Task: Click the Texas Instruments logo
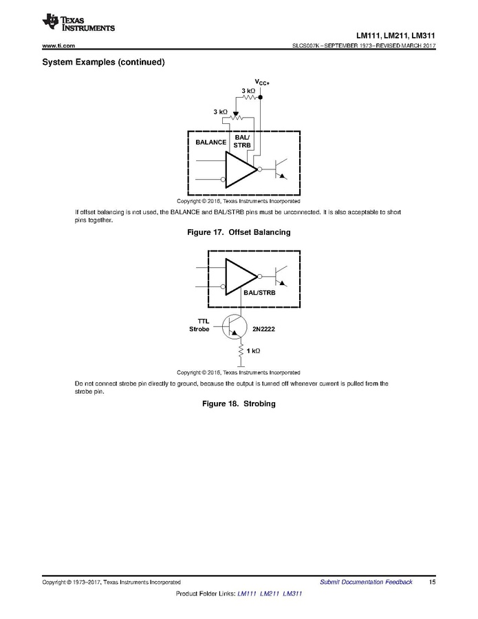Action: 78,23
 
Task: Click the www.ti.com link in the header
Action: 58,46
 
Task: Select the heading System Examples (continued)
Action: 103,62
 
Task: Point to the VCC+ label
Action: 262,82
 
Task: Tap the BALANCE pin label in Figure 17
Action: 211,142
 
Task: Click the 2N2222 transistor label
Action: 263,329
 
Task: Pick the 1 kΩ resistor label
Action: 253,350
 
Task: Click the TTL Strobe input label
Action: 199,325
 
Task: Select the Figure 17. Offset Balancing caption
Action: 239,232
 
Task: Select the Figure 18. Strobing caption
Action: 239,403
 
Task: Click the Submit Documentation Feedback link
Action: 366,582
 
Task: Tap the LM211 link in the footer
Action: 270,594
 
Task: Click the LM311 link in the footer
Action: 292,594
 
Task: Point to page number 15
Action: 432,582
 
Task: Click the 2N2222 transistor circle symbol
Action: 235,327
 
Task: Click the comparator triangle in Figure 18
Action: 241,277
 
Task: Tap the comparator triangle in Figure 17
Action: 241,169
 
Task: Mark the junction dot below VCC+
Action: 260,97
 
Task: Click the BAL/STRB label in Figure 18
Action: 259,293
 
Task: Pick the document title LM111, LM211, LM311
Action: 395,36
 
